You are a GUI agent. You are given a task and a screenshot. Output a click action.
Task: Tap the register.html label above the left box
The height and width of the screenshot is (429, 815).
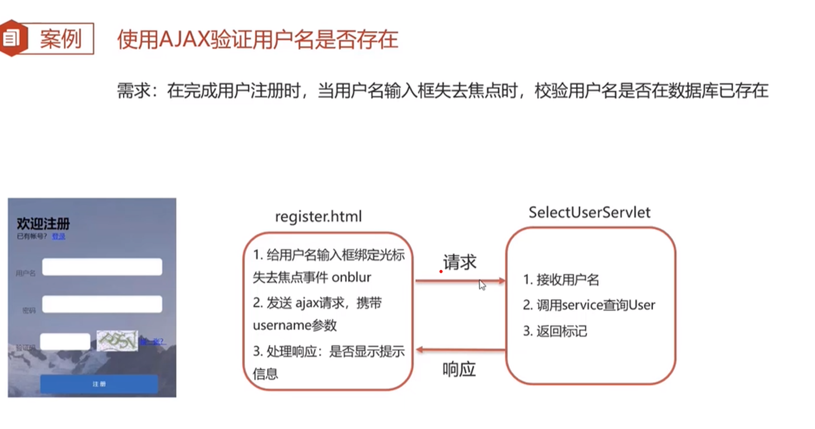(318, 216)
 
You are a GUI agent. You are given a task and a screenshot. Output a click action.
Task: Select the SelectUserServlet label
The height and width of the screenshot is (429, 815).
(589, 213)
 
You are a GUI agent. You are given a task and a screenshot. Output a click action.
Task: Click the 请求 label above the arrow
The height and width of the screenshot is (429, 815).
(460, 262)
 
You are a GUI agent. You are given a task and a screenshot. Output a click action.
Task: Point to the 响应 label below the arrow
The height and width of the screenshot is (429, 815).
(459, 369)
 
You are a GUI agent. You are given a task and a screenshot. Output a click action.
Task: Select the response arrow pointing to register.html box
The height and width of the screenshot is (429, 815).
(460, 350)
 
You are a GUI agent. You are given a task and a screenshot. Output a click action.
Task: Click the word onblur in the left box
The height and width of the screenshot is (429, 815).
(351, 277)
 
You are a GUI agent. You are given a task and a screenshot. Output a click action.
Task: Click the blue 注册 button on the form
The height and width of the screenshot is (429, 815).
(99, 384)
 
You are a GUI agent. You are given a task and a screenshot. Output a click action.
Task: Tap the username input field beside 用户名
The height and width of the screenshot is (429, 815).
(102, 267)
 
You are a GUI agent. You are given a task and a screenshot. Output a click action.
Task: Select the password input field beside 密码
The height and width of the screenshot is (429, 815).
(102, 304)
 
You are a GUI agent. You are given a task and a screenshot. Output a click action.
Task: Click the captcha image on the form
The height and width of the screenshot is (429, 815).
(117, 340)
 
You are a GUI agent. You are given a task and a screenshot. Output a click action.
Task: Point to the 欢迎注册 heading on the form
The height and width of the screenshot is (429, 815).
(44, 224)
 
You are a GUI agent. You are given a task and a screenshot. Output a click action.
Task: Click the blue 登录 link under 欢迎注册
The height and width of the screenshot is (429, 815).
(59, 237)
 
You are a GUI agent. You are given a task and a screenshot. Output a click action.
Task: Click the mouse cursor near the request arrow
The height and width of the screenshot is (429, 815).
(482, 285)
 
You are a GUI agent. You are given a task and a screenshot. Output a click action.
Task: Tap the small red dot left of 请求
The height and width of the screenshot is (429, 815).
(441, 272)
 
